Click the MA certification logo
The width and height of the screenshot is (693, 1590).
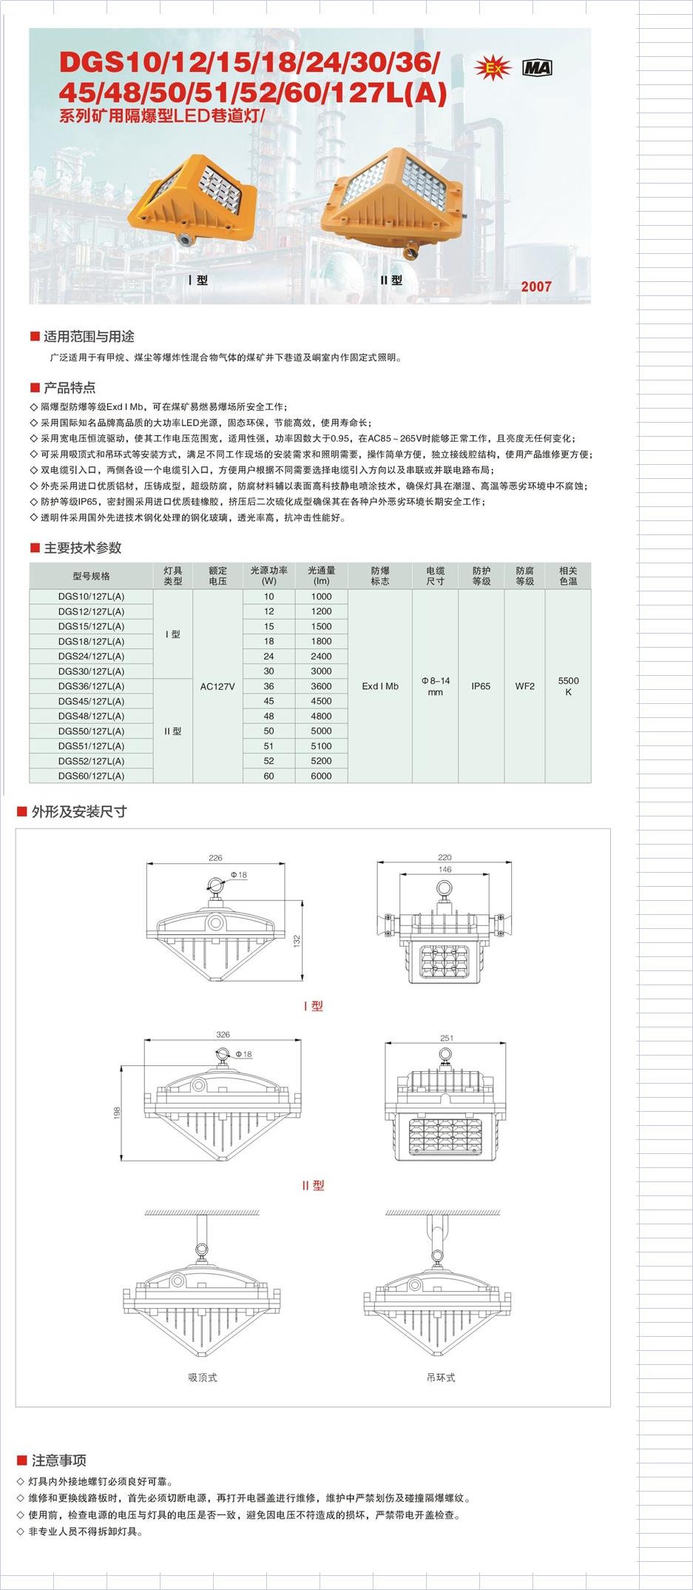pyautogui.click(x=537, y=68)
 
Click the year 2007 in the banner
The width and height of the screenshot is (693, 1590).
pyautogui.click(x=535, y=286)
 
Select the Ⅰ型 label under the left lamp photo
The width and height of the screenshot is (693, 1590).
pyautogui.click(x=198, y=281)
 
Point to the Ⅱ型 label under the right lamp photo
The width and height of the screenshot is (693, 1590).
pyautogui.click(x=391, y=281)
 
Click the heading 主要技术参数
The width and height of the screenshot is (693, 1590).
pyautogui.click(x=82, y=548)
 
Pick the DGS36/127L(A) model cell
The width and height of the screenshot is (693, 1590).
pyautogui.click(x=91, y=686)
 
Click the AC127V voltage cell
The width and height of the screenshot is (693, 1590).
pyautogui.click(x=217, y=686)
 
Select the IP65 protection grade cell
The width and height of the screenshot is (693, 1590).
pyautogui.click(x=481, y=686)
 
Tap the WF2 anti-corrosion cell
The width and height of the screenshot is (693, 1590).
pyautogui.click(x=524, y=686)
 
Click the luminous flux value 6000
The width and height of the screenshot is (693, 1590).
pyautogui.click(x=321, y=776)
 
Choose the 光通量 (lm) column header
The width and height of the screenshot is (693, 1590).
pyautogui.click(x=321, y=575)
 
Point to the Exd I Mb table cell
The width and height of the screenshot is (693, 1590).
pyautogui.click(x=380, y=686)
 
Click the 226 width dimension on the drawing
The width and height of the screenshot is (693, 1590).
pyautogui.click(x=215, y=858)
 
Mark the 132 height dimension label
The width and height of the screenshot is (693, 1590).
pyautogui.click(x=297, y=941)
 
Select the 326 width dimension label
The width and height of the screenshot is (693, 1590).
pyautogui.click(x=223, y=1034)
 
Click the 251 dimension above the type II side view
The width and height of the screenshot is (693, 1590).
pyautogui.click(x=446, y=1038)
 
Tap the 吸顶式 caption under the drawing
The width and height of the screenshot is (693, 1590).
pyautogui.click(x=203, y=1378)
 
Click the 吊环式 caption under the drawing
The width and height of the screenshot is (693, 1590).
pyautogui.click(x=441, y=1378)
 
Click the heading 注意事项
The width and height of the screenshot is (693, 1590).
pyautogui.click(x=58, y=1460)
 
